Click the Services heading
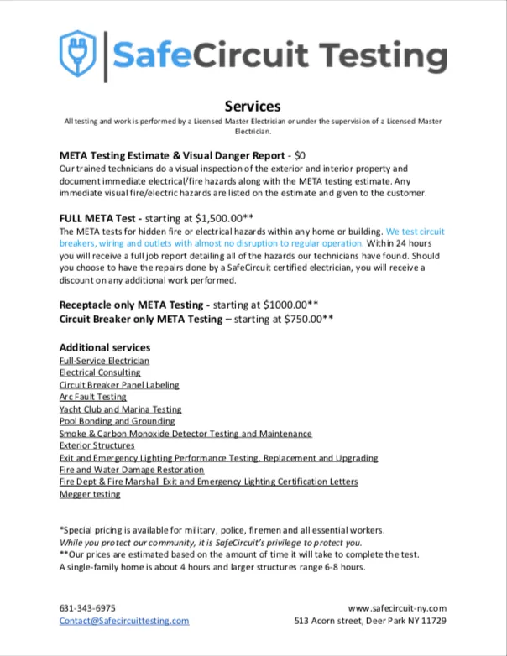point(253,106)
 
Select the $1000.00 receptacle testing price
point(287,305)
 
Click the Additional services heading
point(105,347)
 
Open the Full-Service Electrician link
point(99,360)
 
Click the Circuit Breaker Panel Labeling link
point(119,385)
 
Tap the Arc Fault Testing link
point(92,397)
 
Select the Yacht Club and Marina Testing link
point(120,409)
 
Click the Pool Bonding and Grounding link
point(118,421)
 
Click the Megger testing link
point(90,494)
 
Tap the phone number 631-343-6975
point(87,608)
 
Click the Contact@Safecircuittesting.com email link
point(124,621)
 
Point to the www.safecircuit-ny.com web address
point(397,608)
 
